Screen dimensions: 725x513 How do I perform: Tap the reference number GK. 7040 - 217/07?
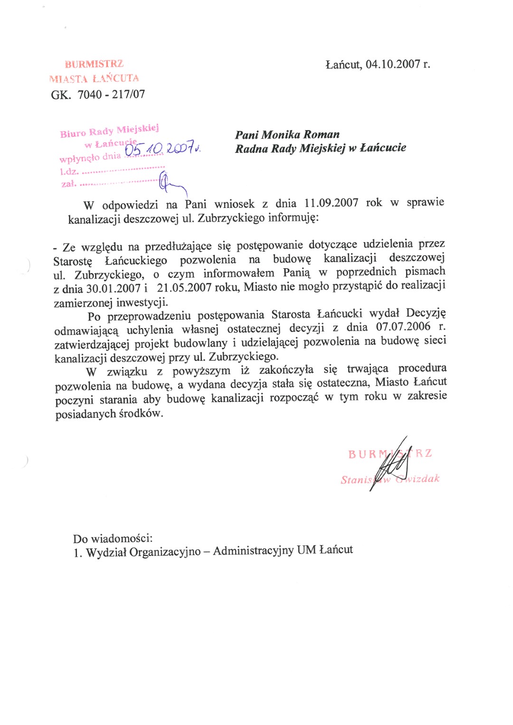click(x=98, y=94)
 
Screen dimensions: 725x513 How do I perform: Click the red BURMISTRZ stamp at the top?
click(x=94, y=64)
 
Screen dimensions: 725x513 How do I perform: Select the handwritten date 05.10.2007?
click(x=160, y=149)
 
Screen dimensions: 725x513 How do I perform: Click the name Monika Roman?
click(x=300, y=135)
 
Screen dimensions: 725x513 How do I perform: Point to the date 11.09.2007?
click(x=331, y=203)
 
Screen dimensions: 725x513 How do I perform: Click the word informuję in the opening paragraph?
click(x=294, y=218)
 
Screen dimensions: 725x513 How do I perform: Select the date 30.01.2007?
click(x=113, y=288)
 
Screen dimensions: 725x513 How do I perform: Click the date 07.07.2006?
click(x=403, y=327)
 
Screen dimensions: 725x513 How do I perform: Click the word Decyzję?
click(x=426, y=313)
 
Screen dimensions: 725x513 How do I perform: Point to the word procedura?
click(x=422, y=368)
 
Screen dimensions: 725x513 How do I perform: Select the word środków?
click(x=141, y=414)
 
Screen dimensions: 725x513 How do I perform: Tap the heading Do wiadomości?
click(x=113, y=538)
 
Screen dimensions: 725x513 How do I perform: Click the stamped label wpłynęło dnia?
click(x=90, y=157)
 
